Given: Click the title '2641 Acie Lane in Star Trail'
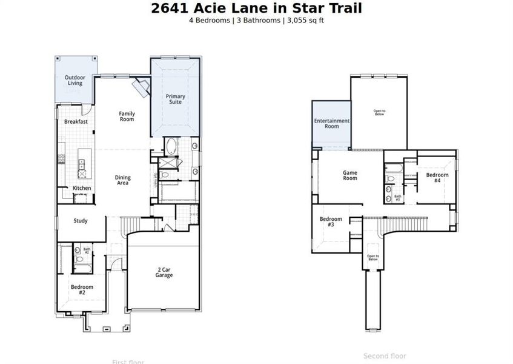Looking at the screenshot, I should [x=256, y=8].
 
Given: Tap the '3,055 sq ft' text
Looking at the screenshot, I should [x=304, y=20].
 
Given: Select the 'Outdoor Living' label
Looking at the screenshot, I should [x=74, y=81].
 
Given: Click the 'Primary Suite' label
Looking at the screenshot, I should [x=176, y=99].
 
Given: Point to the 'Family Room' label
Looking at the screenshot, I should [x=127, y=116].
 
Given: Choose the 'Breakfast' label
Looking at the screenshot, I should [x=76, y=121].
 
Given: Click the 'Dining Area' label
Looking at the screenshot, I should [x=122, y=180].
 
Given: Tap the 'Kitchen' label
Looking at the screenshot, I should [x=82, y=188].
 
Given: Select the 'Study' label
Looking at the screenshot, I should [x=80, y=221].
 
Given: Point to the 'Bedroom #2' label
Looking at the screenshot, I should [x=82, y=289].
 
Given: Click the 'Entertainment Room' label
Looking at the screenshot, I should [x=331, y=124].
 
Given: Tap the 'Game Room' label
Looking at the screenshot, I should [x=350, y=175].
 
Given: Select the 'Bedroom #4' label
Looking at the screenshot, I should [x=437, y=178].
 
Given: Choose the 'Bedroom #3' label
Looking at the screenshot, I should [x=331, y=222].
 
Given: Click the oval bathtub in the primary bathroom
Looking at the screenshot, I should [x=171, y=147].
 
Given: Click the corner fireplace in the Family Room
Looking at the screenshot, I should [x=143, y=88].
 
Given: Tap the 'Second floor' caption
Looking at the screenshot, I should [x=385, y=356].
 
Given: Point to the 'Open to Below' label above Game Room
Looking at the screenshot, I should [x=380, y=112].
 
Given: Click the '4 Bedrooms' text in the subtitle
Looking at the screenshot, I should [x=210, y=20].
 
